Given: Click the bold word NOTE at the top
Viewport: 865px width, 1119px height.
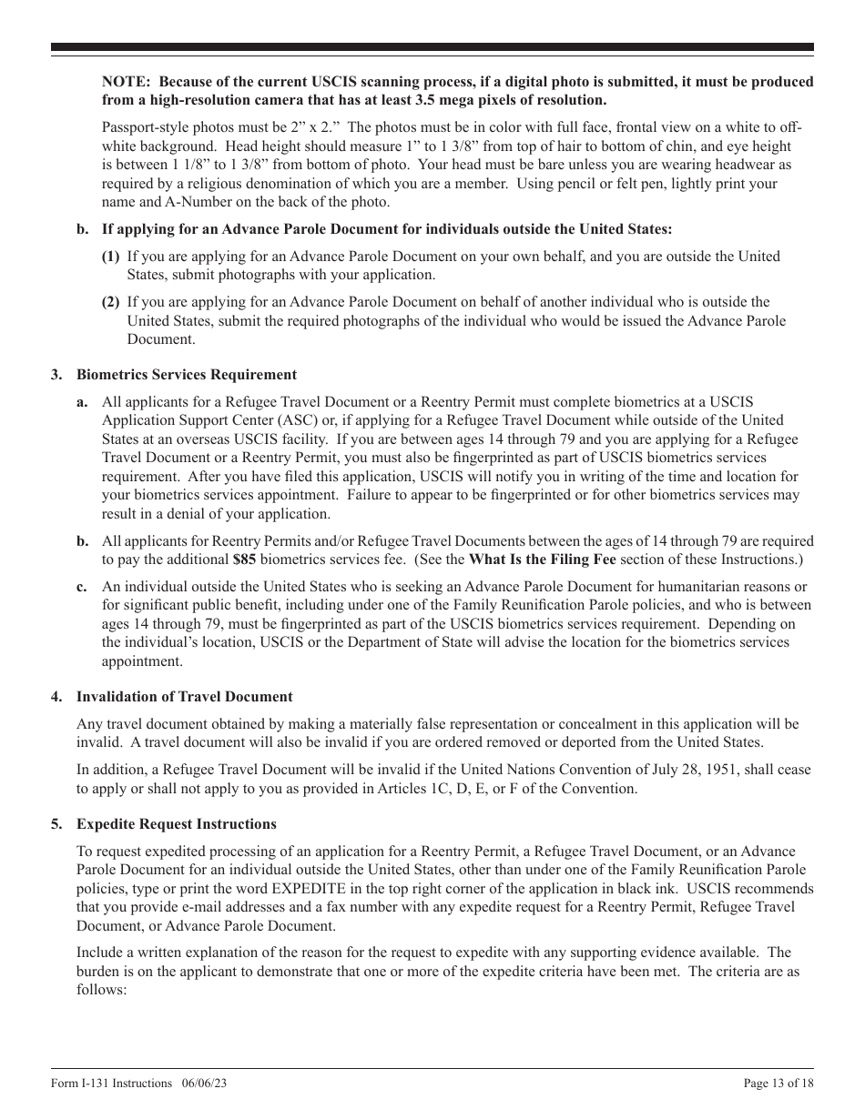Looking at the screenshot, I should tap(124, 82).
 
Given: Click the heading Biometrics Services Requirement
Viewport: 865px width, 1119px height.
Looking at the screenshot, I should tap(187, 374).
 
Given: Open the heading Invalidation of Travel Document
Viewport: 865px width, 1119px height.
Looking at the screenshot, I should tap(185, 697).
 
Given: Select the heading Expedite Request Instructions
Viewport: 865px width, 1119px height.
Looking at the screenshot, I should tap(177, 824).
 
